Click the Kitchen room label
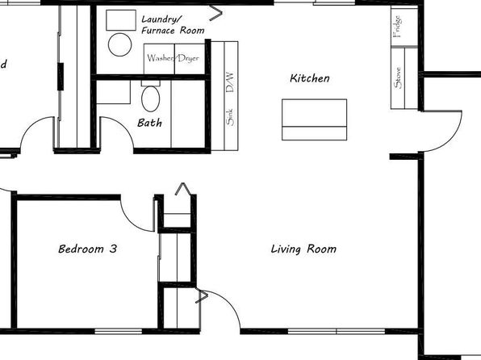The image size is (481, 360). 310,78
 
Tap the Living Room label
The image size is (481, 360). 303,249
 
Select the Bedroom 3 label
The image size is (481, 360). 88,249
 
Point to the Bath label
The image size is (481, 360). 149,123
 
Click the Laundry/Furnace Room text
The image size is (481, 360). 173,25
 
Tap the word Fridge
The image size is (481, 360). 397,27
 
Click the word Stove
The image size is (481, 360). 398,78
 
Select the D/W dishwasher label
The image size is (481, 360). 230,82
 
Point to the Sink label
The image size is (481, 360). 230,117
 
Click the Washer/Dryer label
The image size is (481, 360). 173,58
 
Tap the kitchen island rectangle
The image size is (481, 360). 315,119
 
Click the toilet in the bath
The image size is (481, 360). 151,97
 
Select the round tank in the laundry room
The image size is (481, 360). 120,44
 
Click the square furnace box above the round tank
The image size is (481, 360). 121,20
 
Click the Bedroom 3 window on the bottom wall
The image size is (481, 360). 119,332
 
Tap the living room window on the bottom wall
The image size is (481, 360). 337,332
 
